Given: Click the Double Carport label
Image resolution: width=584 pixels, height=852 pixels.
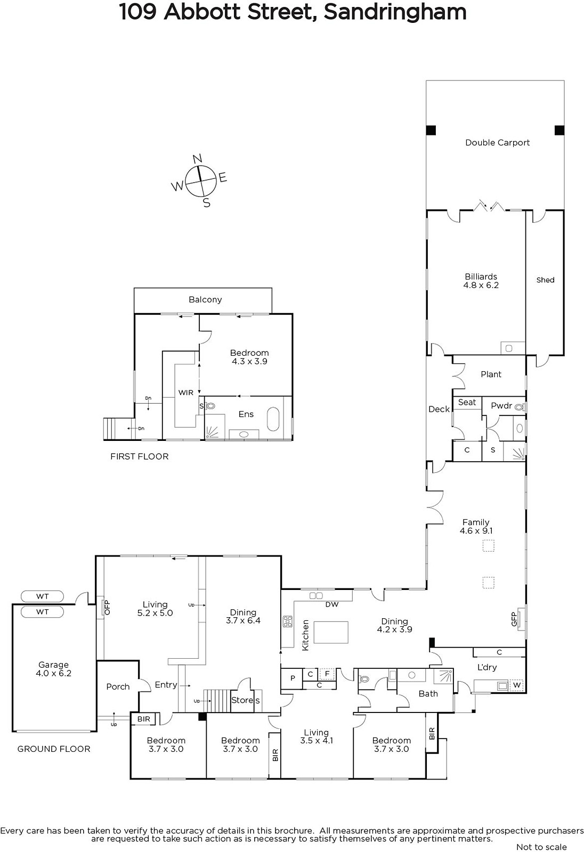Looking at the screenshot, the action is [497, 143].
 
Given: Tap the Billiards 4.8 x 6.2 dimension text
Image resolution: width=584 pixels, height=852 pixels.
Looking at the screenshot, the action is [481, 285].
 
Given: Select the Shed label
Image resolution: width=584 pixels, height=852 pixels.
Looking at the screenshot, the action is [545, 280].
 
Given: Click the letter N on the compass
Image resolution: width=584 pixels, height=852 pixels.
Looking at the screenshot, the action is [197, 159].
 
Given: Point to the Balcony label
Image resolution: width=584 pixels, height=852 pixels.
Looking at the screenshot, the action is [205, 299].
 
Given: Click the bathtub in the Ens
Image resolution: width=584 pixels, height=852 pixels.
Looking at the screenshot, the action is [273, 419].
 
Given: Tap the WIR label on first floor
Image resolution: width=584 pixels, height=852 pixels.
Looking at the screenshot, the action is [186, 392].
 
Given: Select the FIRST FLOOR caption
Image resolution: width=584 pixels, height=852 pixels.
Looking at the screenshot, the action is [139, 456].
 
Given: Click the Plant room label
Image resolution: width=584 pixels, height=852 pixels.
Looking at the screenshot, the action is [491, 374].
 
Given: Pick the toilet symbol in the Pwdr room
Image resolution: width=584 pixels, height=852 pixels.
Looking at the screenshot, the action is [519, 407].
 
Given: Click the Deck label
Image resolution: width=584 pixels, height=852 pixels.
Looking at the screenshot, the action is [439, 409].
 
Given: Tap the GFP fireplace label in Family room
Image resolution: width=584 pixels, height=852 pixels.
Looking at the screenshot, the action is [514, 619].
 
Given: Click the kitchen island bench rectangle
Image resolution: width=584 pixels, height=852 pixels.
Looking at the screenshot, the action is [331, 632].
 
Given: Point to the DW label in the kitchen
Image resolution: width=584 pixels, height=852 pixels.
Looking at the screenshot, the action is [332, 604].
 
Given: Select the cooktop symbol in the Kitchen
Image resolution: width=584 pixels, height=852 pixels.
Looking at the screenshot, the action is [287, 621].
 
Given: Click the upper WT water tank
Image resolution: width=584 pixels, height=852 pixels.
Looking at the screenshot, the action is [42, 596].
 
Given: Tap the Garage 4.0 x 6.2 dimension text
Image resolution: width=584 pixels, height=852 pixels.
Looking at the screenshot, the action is [53, 673].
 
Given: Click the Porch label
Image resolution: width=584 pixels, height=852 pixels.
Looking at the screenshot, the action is [118, 686].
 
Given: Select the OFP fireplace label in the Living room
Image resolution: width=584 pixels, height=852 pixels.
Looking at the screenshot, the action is [107, 608].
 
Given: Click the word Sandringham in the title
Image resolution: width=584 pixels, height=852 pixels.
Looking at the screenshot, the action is [395, 12].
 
